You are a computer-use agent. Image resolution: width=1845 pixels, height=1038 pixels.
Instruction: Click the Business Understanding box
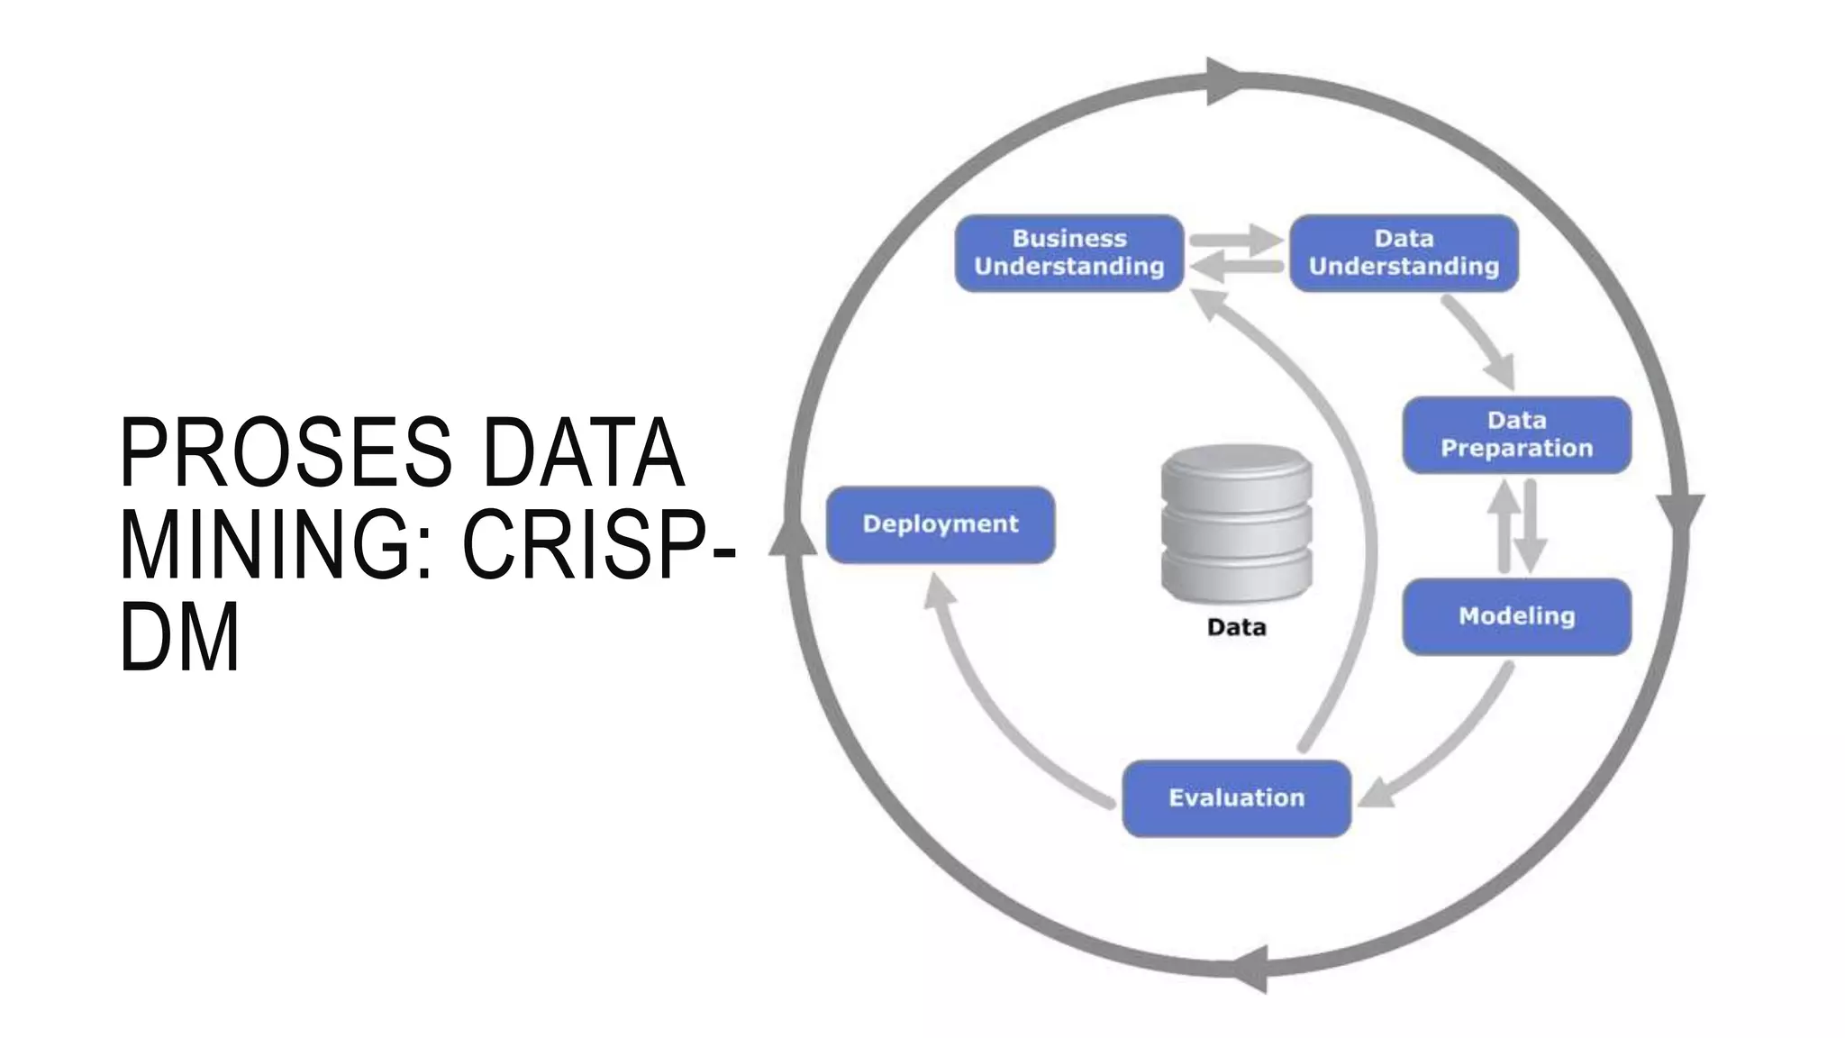tap(1068, 253)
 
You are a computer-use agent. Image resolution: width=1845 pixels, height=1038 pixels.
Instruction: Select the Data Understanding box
tap(1404, 253)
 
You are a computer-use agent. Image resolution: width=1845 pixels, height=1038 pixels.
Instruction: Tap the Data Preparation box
tap(1516, 434)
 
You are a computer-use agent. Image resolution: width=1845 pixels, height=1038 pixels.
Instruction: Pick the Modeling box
tap(1516, 616)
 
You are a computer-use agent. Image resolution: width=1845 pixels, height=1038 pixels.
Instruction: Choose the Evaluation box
tap(1236, 798)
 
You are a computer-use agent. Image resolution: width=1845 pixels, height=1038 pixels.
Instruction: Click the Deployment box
tap(941, 524)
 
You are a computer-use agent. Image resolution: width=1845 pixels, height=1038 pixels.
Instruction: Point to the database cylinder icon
tap(1236, 523)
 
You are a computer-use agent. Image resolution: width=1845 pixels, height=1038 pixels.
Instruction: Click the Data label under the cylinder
tap(1236, 627)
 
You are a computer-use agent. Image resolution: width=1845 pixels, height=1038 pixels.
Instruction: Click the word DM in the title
tap(179, 637)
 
